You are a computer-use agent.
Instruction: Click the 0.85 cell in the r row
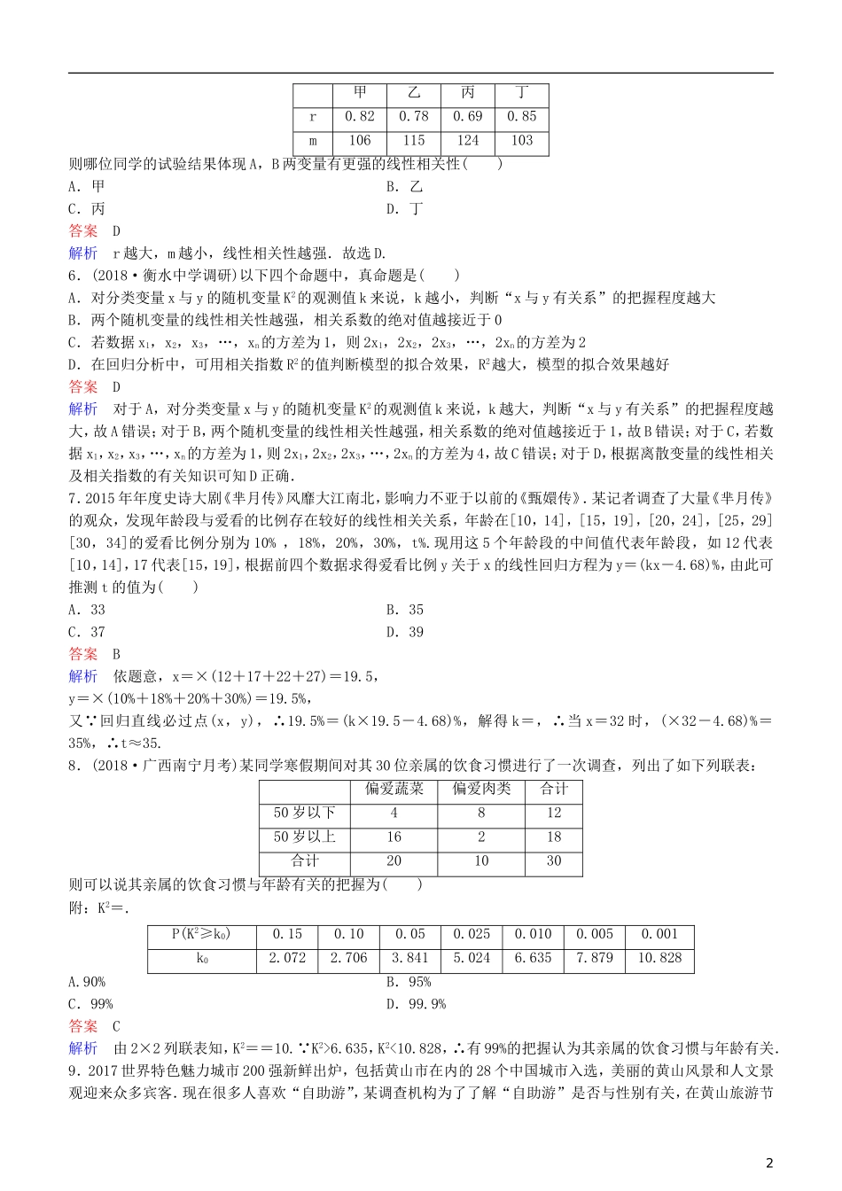(x=522, y=116)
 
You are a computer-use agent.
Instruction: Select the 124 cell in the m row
(x=468, y=140)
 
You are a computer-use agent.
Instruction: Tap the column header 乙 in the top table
(x=414, y=92)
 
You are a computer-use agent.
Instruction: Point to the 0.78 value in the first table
(x=414, y=116)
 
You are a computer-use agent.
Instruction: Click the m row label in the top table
(x=313, y=140)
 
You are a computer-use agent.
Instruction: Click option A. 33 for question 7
(x=87, y=610)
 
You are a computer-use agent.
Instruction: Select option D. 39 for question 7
(x=405, y=632)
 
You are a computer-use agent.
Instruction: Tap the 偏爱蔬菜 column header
(x=394, y=789)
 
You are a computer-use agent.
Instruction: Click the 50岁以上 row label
(x=305, y=837)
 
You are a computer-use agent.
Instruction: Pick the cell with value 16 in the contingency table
(x=394, y=837)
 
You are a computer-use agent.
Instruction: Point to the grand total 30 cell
(x=554, y=860)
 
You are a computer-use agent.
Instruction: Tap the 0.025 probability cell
(x=472, y=934)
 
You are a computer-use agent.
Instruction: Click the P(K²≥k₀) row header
(x=201, y=934)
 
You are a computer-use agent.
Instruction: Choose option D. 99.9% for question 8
(x=416, y=1004)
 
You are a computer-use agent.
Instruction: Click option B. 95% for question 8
(x=409, y=982)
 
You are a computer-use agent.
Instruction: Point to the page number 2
(x=769, y=1163)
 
